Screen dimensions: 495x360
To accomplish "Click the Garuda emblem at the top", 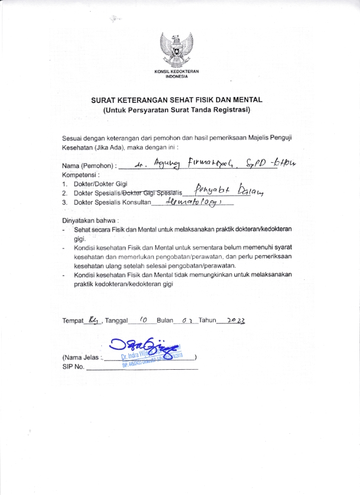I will coord(180,51).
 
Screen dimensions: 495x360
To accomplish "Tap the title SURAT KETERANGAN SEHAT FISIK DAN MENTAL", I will coord(176,100).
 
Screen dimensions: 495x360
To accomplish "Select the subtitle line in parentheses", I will coord(176,109).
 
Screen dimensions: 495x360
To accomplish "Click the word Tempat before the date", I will coord(73,321).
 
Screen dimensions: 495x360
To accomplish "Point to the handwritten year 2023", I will coord(232,320).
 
